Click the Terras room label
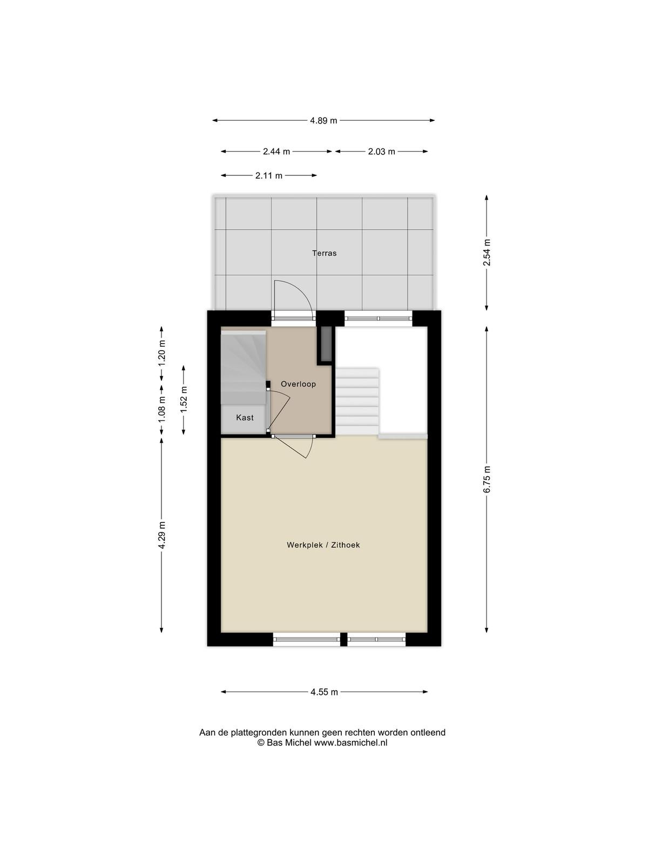coord(324,253)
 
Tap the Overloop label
coord(298,384)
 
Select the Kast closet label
coord(245,417)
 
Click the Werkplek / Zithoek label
coord(323,545)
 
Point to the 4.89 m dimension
coord(323,121)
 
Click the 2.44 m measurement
coord(276,152)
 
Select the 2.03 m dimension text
coord(381,152)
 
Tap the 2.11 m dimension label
coord(269,176)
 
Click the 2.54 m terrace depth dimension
coord(487,252)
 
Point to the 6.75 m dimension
coord(487,480)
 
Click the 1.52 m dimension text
coord(184,400)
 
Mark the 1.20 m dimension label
coord(161,353)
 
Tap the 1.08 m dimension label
coord(161,409)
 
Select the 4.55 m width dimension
coord(324,693)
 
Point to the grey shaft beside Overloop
coord(326,343)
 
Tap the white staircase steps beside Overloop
coord(357,401)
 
